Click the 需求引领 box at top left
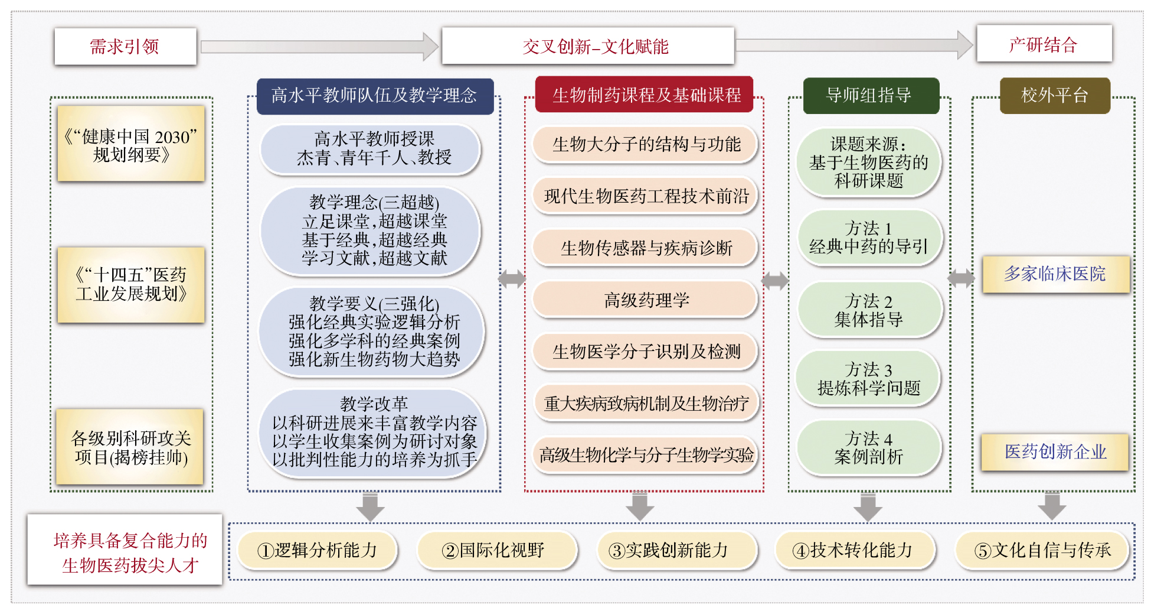tap(125, 47)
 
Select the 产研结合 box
tap(1044, 44)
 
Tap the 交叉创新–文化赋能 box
tap(588, 46)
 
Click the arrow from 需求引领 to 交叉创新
tap(319, 47)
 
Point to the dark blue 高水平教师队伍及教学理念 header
tap(375, 96)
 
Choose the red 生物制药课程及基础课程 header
tap(645, 95)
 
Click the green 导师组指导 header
tap(870, 95)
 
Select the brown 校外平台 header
tap(1055, 96)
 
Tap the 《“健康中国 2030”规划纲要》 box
tap(130, 144)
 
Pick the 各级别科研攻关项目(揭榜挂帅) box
tap(130, 447)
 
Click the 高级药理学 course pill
tap(645, 300)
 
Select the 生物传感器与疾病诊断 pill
tap(645, 248)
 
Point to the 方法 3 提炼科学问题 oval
tap(868, 379)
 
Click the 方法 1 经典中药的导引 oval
tap(868, 238)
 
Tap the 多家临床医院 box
tap(1055, 274)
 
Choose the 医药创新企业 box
tap(1055, 452)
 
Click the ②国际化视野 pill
tap(495, 551)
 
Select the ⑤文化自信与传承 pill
tap(1042, 551)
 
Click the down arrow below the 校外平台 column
tap(1052, 506)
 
